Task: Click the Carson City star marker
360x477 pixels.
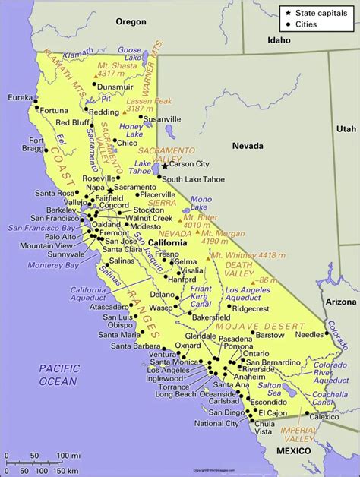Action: click(165, 164)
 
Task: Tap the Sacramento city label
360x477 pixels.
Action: click(135, 187)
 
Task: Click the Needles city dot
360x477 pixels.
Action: click(330, 334)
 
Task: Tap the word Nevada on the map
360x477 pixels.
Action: click(248, 146)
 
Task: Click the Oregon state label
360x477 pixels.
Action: click(130, 21)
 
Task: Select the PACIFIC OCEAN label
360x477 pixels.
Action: click(58, 374)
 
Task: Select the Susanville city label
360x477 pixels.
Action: click(163, 119)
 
